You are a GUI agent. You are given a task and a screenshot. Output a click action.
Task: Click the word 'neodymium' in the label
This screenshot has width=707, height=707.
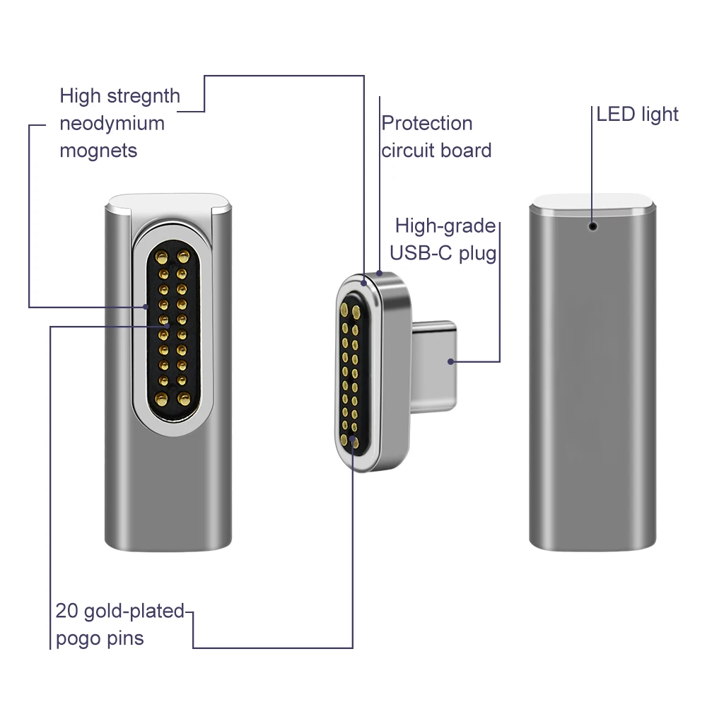(x=112, y=123)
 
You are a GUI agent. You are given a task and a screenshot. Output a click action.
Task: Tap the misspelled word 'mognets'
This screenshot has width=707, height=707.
(x=98, y=150)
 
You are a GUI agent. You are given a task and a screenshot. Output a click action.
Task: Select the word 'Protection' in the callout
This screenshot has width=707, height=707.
(x=426, y=123)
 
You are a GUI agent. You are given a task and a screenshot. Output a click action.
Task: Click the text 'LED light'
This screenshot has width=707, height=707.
(x=637, y=114)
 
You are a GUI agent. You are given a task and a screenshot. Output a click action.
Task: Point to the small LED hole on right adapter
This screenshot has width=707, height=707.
(x=592, y=226)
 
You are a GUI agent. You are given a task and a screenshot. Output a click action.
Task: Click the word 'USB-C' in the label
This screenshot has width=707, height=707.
(x=422, y=252)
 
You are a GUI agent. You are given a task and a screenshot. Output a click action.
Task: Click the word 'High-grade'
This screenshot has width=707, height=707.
(x=445, y=226)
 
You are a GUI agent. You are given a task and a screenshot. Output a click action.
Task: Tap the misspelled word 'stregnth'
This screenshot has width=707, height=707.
(x=137, y=95)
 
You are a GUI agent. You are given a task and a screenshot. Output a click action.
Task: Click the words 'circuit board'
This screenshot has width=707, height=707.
(x=436, y=150)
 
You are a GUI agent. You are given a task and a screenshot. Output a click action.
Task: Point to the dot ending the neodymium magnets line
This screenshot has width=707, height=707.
(x=146, y=307)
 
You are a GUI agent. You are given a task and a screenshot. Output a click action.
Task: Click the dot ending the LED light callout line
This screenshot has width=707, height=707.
(x=592, y=226)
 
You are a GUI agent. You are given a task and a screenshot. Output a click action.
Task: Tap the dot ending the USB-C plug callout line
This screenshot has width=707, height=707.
(x=450, y=362)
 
